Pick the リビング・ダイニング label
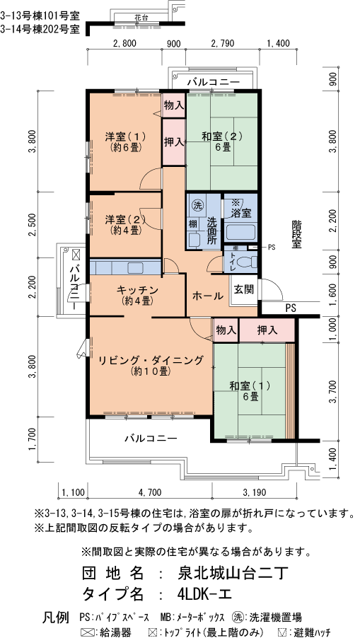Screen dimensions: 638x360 [151, 364]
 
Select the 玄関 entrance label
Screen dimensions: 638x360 [244, 289]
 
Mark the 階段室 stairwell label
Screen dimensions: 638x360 [296, 233]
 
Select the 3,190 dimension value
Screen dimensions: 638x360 [254, 492]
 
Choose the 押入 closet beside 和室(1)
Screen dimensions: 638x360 [267, 330]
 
